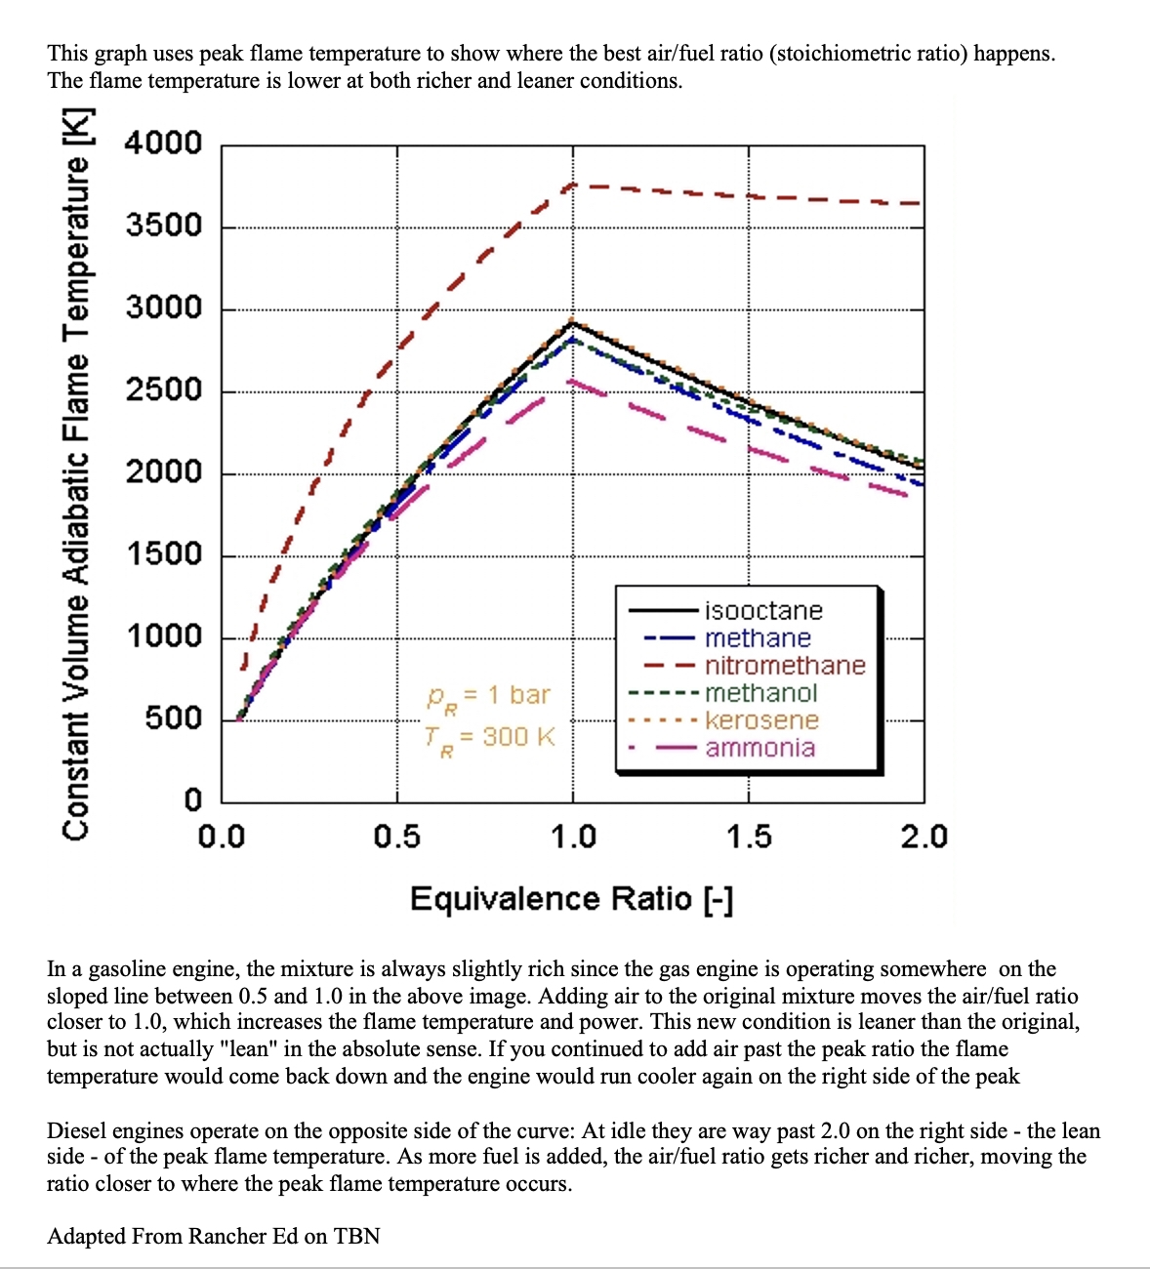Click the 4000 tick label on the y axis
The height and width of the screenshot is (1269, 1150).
pos(163,143)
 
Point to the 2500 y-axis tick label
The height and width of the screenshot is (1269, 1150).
pos(163,390)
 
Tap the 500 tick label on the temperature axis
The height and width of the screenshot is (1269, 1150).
pos(173,718)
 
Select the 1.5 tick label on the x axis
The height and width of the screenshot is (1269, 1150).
pos(749,837)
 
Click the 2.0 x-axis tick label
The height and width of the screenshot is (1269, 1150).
pos(924,837)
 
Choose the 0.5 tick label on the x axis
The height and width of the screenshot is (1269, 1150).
pos(397,837)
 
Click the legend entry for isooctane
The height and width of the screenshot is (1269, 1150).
pos(763,611)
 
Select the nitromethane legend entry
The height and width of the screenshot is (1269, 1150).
pos(785,666)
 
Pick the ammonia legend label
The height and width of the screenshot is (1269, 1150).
pos(760,748)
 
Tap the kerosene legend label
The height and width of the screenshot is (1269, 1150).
pos(761,720)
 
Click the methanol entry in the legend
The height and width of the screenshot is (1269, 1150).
pos(760,693)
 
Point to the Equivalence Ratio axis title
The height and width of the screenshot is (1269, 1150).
pos(571,898)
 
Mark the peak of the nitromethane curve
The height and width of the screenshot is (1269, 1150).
pos(573,184)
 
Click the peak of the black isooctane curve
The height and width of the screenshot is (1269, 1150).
pos(573,321)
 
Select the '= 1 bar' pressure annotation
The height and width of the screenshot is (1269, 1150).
pos(506,695)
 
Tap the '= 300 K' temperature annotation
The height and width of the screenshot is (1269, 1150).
pos(506,736)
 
